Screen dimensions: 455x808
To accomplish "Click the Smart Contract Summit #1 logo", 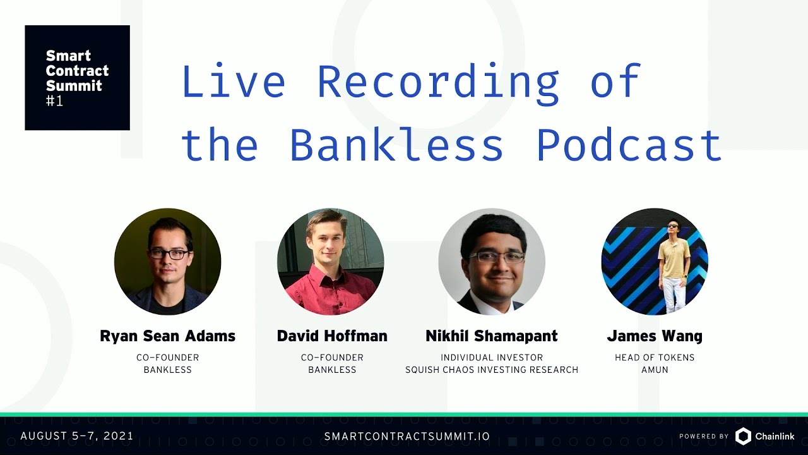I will pyautogui.click(x=77, y=78).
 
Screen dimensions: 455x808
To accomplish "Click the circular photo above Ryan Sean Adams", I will pyautogui.click(x=167, y=262).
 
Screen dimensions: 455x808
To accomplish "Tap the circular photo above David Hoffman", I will pyautogui.click(x=330, y=262).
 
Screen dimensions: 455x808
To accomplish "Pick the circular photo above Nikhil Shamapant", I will pyautogui.click(x=492, y=262).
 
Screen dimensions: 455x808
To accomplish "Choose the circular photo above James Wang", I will pyautogui.click(x=655, y=262).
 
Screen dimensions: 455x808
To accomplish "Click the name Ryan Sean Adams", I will pyautogui.click(x=167, y=336).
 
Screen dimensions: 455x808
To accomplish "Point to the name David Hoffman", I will pyautogui.click(x=332, y=336).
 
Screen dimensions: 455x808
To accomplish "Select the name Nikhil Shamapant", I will pyautogui.click(x=492, y=336).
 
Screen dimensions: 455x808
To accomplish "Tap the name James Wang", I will pyautogui.click(x=655, y=336).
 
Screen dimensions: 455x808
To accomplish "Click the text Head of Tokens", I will pyautogui.click(x=655, y=358).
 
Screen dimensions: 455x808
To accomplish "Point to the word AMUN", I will pyautogui.click(x=655, y=370).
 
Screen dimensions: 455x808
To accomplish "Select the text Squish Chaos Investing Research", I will pyautogui.click(x=492, y=370).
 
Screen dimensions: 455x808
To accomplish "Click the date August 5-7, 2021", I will pyautogui.click(x=77, y=436).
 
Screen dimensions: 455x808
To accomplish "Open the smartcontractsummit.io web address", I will pyautogui.click(x=407, y=437).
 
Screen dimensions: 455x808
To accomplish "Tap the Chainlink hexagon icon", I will pyautogui.click(x=744, y=436).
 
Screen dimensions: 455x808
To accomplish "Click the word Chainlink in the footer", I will pyautogui.click(x=775, y=437).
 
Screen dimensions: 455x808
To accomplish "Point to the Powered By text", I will pyautogui.click(x=704, y=437).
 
